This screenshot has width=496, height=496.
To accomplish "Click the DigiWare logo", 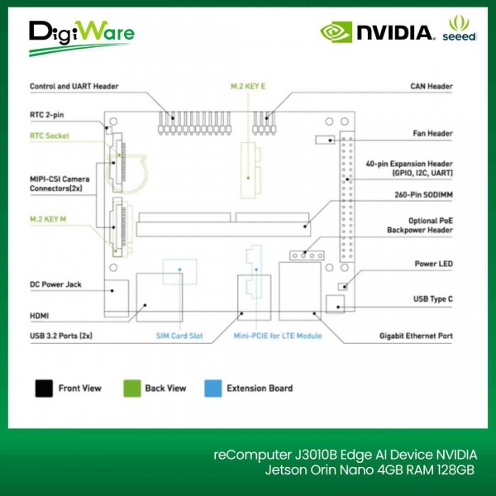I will [81, 37].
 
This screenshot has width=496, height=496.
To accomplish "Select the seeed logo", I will [460, 31].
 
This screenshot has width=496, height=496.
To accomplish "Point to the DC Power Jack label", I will [58, 284].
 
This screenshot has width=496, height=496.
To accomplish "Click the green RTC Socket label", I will [49, 136].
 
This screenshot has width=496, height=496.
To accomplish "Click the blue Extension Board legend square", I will [212, 388].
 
